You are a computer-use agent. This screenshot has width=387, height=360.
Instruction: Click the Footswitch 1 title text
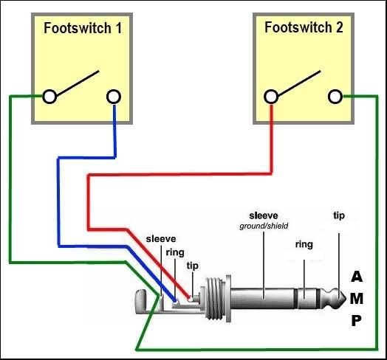click(83, 28)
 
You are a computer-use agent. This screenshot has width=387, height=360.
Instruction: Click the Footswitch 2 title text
click(304, 27)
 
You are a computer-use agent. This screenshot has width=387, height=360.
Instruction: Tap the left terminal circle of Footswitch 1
click(49, 97)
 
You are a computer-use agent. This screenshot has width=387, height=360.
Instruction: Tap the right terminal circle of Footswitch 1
click(114, 97)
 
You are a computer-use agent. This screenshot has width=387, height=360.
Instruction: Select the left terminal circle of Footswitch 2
click(271, 97)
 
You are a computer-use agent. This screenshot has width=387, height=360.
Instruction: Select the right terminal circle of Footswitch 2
click(335, 97)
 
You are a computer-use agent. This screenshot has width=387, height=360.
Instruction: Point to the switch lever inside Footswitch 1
click(78, 83)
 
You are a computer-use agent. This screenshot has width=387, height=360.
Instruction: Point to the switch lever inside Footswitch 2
click(299, 83)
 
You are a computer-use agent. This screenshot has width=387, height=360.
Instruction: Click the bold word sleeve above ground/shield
click(264, 215)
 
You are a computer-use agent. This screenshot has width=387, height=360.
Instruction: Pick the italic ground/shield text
click(264, 226)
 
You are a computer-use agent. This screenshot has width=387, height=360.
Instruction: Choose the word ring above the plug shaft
click(304, 244)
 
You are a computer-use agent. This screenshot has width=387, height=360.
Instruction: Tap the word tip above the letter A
click(339, 215)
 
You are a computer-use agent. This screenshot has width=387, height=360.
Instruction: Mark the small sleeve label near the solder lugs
click(161, 239)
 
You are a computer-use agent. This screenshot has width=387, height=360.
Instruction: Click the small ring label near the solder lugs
click(175, 252)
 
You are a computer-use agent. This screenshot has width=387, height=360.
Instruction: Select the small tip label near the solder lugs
click(193, 266)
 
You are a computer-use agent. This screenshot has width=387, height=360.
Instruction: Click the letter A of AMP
click(357, 277)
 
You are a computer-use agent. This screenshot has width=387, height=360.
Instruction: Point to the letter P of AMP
click(356, 321)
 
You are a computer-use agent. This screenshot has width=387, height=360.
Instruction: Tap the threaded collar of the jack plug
click(214, 299)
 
